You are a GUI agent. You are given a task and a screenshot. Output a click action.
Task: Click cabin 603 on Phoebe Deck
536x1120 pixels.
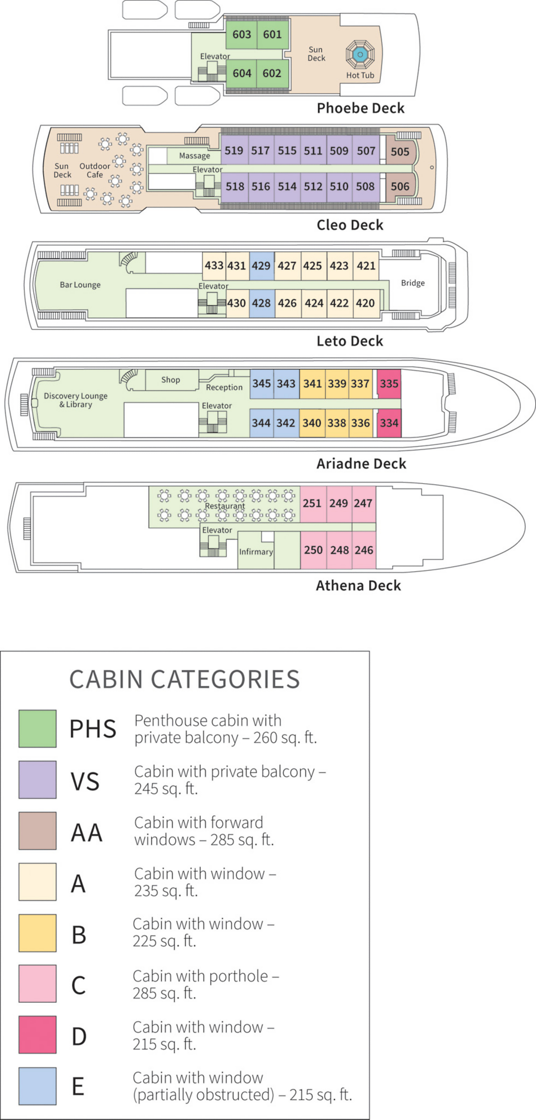click(241, 34)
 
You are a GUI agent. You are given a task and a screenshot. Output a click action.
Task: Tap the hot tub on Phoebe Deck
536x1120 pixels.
click(360, 55)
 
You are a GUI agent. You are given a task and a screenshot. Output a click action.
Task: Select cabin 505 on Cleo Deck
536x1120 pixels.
click(400, 152)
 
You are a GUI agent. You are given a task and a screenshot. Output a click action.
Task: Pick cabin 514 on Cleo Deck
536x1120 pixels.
click(287, 186)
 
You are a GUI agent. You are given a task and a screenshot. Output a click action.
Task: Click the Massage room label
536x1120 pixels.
click(194, 156)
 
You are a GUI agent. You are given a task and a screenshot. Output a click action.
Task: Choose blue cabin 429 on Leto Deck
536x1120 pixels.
click(261, 266)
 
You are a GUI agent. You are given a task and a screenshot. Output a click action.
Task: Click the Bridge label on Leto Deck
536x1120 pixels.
click(413, 283)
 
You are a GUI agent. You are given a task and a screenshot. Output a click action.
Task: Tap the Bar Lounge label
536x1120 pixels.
click(80, 285)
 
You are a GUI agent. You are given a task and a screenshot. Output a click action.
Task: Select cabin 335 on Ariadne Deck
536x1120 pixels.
click(389, 383)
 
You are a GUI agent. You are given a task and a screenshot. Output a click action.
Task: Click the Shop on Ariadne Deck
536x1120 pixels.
click(171, 380)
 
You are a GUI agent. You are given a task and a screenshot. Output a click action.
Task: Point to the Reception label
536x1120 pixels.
click(224, 387)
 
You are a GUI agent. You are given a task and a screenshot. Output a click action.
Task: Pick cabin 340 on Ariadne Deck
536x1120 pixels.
click(312, 423)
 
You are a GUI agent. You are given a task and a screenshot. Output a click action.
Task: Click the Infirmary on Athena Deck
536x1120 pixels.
click(255, 552)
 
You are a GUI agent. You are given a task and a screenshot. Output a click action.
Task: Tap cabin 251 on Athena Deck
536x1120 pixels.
click(312, 503)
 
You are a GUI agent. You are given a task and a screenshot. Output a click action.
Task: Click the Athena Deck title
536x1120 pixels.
click(358, 585)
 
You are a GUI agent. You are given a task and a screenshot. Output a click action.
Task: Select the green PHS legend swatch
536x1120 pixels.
click(38, 728)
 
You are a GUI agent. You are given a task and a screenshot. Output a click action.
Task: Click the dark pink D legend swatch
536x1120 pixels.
click(38, 1035)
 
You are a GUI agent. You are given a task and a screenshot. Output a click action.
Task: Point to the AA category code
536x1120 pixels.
click(87, 833)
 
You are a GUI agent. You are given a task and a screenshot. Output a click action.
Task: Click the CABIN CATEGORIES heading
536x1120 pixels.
click(184, 679)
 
